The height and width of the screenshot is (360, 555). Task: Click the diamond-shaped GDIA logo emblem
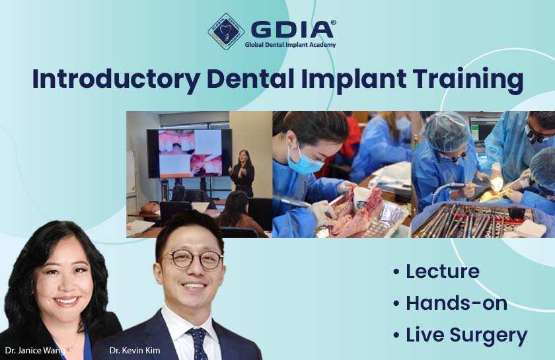coord(226,32)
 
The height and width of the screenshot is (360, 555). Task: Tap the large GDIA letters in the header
coord(292,29)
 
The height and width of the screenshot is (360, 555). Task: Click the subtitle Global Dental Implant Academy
coord(290,45)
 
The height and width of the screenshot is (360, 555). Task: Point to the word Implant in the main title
coord(354,79)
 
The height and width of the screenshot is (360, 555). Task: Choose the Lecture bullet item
coord(437,271)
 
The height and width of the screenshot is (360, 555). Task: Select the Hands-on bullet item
coord(450,303)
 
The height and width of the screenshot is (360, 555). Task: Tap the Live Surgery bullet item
coord(460,335)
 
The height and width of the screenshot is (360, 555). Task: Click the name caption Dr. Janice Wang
coord(35,351)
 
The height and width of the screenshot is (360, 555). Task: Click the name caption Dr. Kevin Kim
coord(135,351)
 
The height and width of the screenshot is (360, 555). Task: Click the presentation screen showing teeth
coord(190,153)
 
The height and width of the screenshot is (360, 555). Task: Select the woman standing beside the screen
coord(243,173)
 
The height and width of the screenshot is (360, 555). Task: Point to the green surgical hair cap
coord(448,132)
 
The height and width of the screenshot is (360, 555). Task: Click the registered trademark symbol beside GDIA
coord(333,22)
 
